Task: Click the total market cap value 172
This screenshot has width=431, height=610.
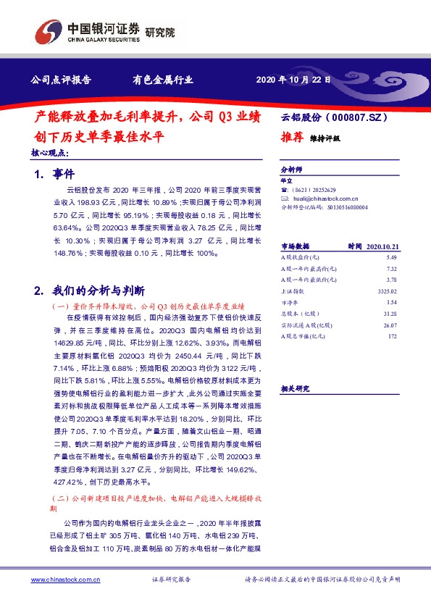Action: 394,335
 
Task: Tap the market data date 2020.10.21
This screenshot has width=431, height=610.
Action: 384,246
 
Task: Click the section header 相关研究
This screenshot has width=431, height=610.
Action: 295,388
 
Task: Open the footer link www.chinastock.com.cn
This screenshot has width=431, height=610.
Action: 66,580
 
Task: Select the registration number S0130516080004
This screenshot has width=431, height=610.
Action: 343,206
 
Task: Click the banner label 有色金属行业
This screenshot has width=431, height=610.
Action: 162,80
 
